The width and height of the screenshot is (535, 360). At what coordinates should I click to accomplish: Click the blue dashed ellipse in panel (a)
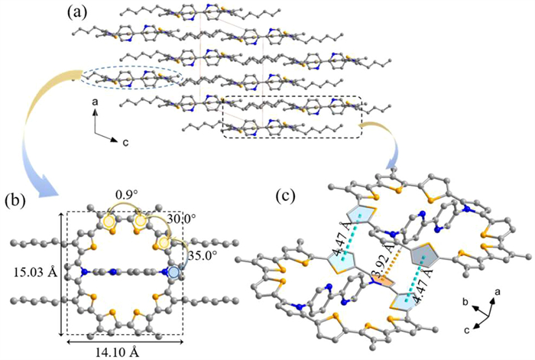coord(131,76)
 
